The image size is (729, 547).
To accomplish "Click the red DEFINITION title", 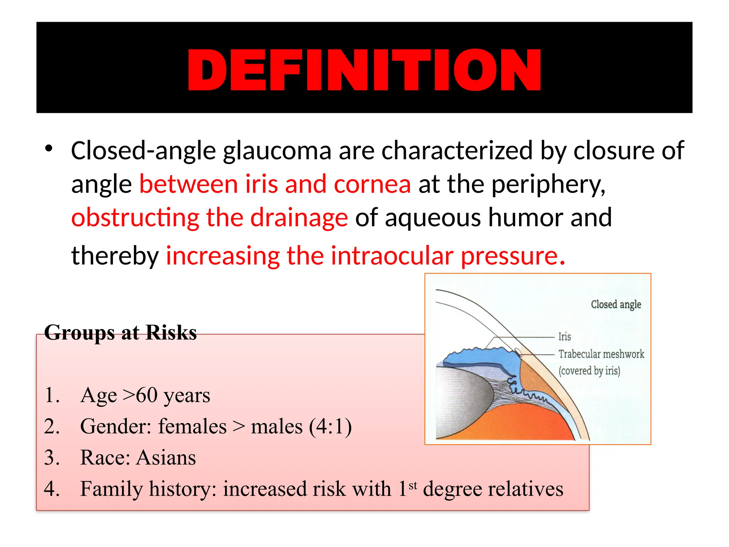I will tap(364, 70).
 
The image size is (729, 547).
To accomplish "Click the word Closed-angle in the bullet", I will tap(143, 151).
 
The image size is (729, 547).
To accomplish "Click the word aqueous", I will tap(433, 218).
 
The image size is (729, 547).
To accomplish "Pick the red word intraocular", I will tap(392, 256).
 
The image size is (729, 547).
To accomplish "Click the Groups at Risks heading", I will tap(120, 333).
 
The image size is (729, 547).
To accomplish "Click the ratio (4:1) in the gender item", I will tap(330, 427).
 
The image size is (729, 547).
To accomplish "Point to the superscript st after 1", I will tap(413, 485).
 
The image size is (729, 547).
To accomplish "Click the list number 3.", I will tap(52, 458).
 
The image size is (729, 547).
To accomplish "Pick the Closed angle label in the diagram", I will tap(616, 305).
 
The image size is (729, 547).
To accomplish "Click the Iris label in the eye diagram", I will tap(564, 337).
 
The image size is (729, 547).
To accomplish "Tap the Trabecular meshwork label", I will tap(601, 354).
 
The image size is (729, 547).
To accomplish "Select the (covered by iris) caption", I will tap(589, 371).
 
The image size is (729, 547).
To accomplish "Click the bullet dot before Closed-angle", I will tap(49, 149).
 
